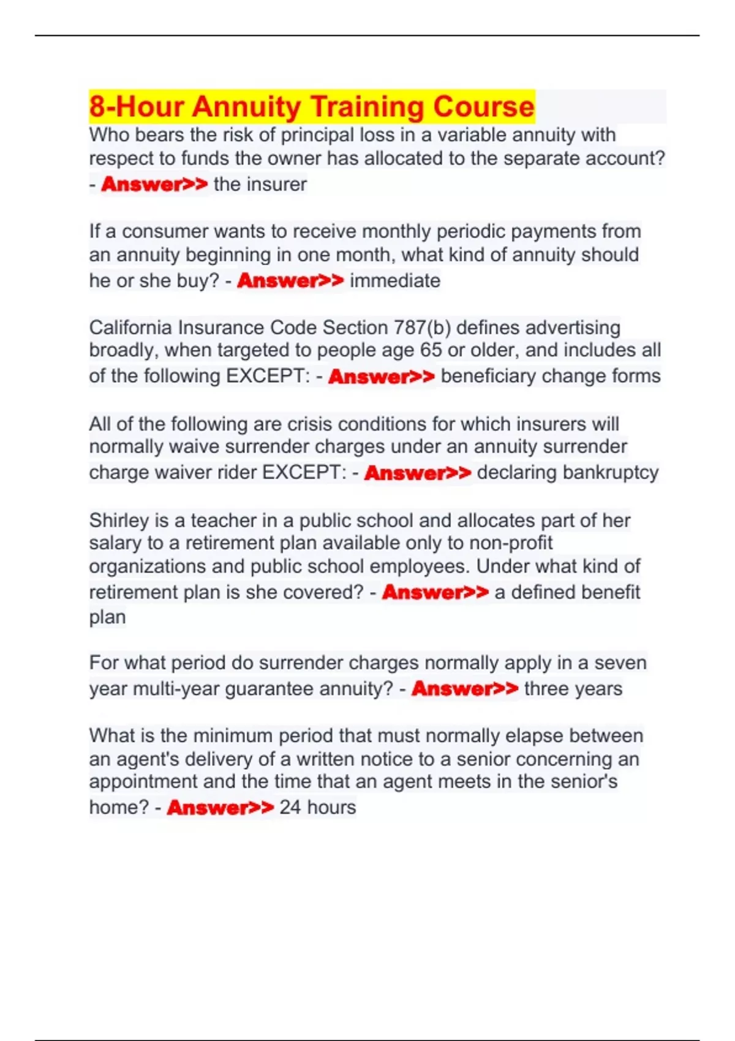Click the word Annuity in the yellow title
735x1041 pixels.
(246, 107)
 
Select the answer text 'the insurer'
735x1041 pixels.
(260, 184)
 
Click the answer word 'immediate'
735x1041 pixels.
(395, 280)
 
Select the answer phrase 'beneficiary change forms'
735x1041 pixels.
(551, 376)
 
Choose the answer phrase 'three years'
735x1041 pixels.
(573, 689)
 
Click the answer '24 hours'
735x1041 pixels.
(317, 807)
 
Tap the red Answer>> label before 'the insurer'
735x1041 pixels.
(154, 184)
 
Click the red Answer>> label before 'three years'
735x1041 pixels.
(465, 689)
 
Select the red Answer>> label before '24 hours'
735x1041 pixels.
(220, 808)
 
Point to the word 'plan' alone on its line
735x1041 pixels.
(107, 617)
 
